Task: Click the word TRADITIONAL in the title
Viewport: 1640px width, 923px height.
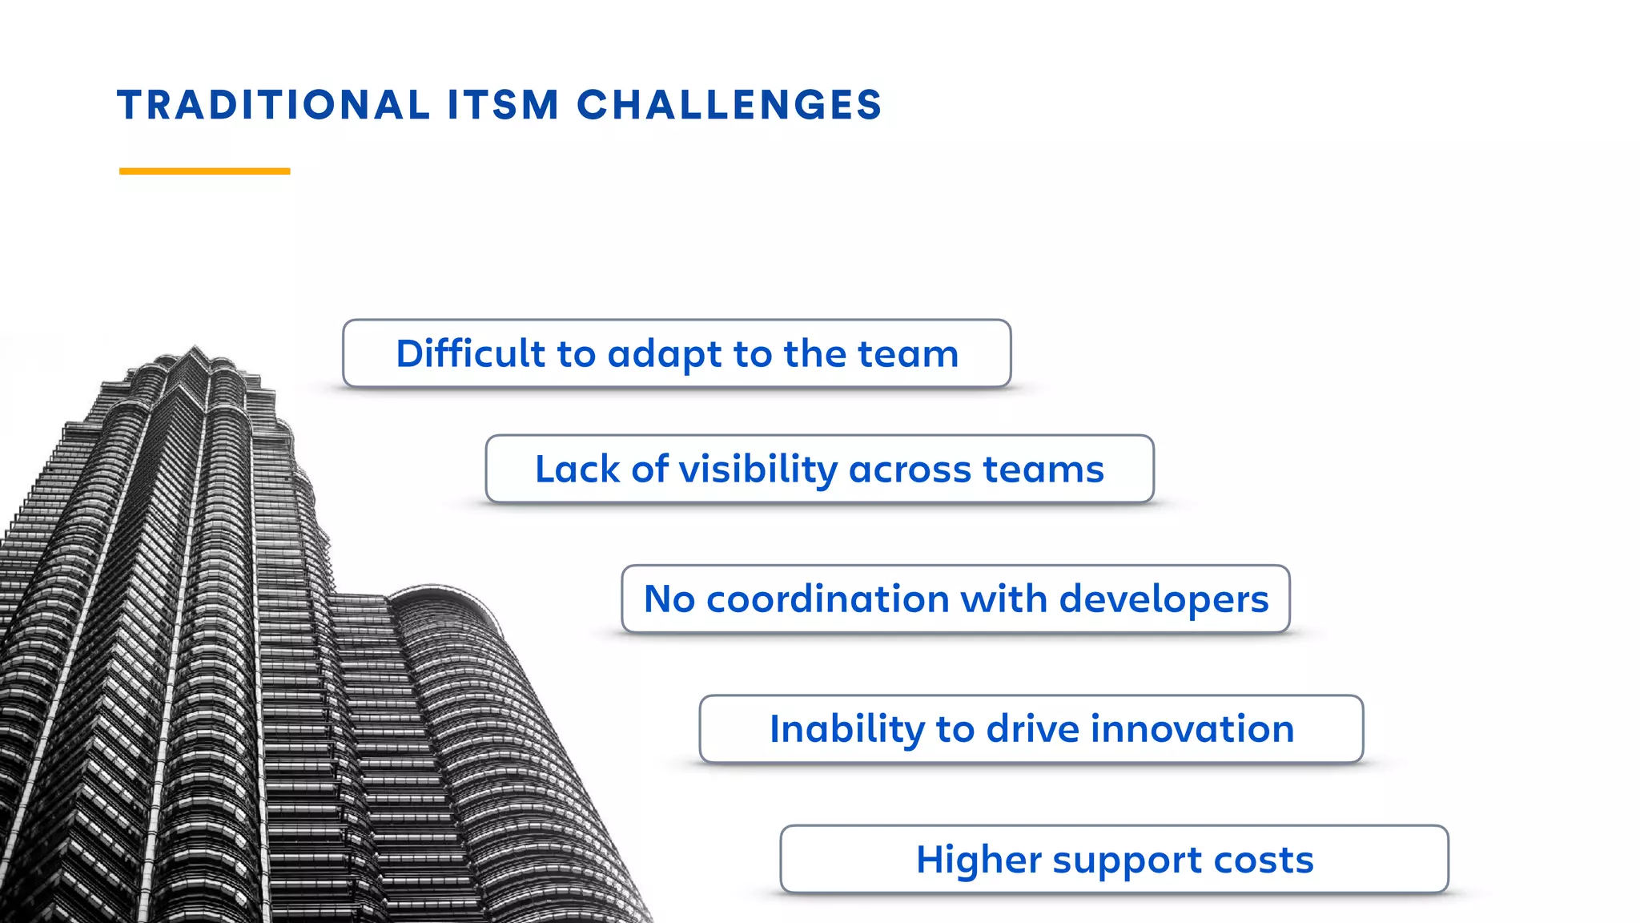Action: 273,106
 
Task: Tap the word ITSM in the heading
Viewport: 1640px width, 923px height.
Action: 503,106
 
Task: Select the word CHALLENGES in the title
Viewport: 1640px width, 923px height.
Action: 729,106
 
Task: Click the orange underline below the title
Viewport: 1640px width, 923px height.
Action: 204,171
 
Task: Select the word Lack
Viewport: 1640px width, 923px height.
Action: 577,469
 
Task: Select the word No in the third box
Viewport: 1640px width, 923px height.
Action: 669,599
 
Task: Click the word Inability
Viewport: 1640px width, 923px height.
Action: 846,729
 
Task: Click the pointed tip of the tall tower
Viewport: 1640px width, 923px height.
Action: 194,349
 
